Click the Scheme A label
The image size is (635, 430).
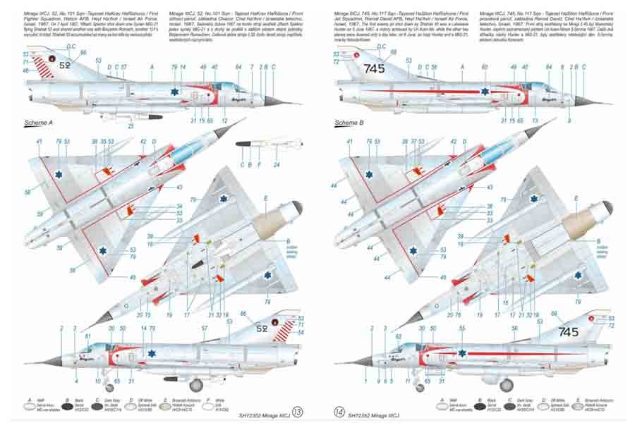click(x=40, y=123)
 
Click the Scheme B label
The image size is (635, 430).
click(x=349, y=123)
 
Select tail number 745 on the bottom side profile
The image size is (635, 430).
click(x=568, y=332)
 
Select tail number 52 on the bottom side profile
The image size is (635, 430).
click(x=261, y=328)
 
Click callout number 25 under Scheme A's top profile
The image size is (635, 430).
click(x=130, y=126)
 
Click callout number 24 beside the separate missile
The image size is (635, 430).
click(x=277, y=165)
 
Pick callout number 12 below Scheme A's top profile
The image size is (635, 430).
click(x=224, y=121)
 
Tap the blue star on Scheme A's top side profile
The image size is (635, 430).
click(x=174, y=91)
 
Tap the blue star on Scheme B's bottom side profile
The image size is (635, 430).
click(x=462, y=353)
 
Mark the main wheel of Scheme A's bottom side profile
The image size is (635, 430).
click(x=197, y=385)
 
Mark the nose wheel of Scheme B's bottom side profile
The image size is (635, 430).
click(x=421, y=387)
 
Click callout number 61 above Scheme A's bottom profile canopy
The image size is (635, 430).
click(x=87, y=336)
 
